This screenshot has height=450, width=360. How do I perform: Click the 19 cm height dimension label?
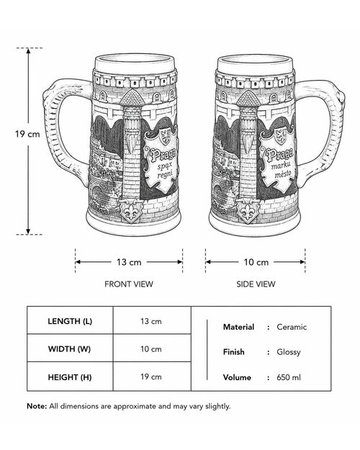(x=27, y=134)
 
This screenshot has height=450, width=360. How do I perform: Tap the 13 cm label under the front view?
(x=129, y=262)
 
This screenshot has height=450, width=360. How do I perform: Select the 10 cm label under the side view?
(x=256, y=262)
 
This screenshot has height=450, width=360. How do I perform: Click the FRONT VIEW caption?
(x=129, y=284)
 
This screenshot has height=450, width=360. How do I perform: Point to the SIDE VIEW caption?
(x=256, y=284)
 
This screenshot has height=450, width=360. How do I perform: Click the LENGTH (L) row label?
(x=70, y=321)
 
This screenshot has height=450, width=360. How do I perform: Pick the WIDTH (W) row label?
(x=69, y=349)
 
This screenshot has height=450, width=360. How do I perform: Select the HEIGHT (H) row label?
(x=70, y=377)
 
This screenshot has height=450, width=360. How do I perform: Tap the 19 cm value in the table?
(x=151, y=377)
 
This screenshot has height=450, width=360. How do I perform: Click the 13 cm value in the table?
(x=151, y=321)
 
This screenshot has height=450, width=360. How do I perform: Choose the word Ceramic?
(x=292, y=327)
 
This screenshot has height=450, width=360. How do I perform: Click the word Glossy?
(x=289, y=352)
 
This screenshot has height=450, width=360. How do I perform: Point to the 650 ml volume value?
(x=289, y=377)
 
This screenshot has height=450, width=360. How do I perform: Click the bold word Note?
(x=37, y=406)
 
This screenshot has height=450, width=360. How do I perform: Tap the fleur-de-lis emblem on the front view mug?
(x=131, y=212)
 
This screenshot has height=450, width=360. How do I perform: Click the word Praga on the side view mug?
(x=279, y=156)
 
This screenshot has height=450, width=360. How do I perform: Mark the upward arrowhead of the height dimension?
(x=28, y=51)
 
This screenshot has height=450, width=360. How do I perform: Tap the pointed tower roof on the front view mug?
(x=132, y=98)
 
